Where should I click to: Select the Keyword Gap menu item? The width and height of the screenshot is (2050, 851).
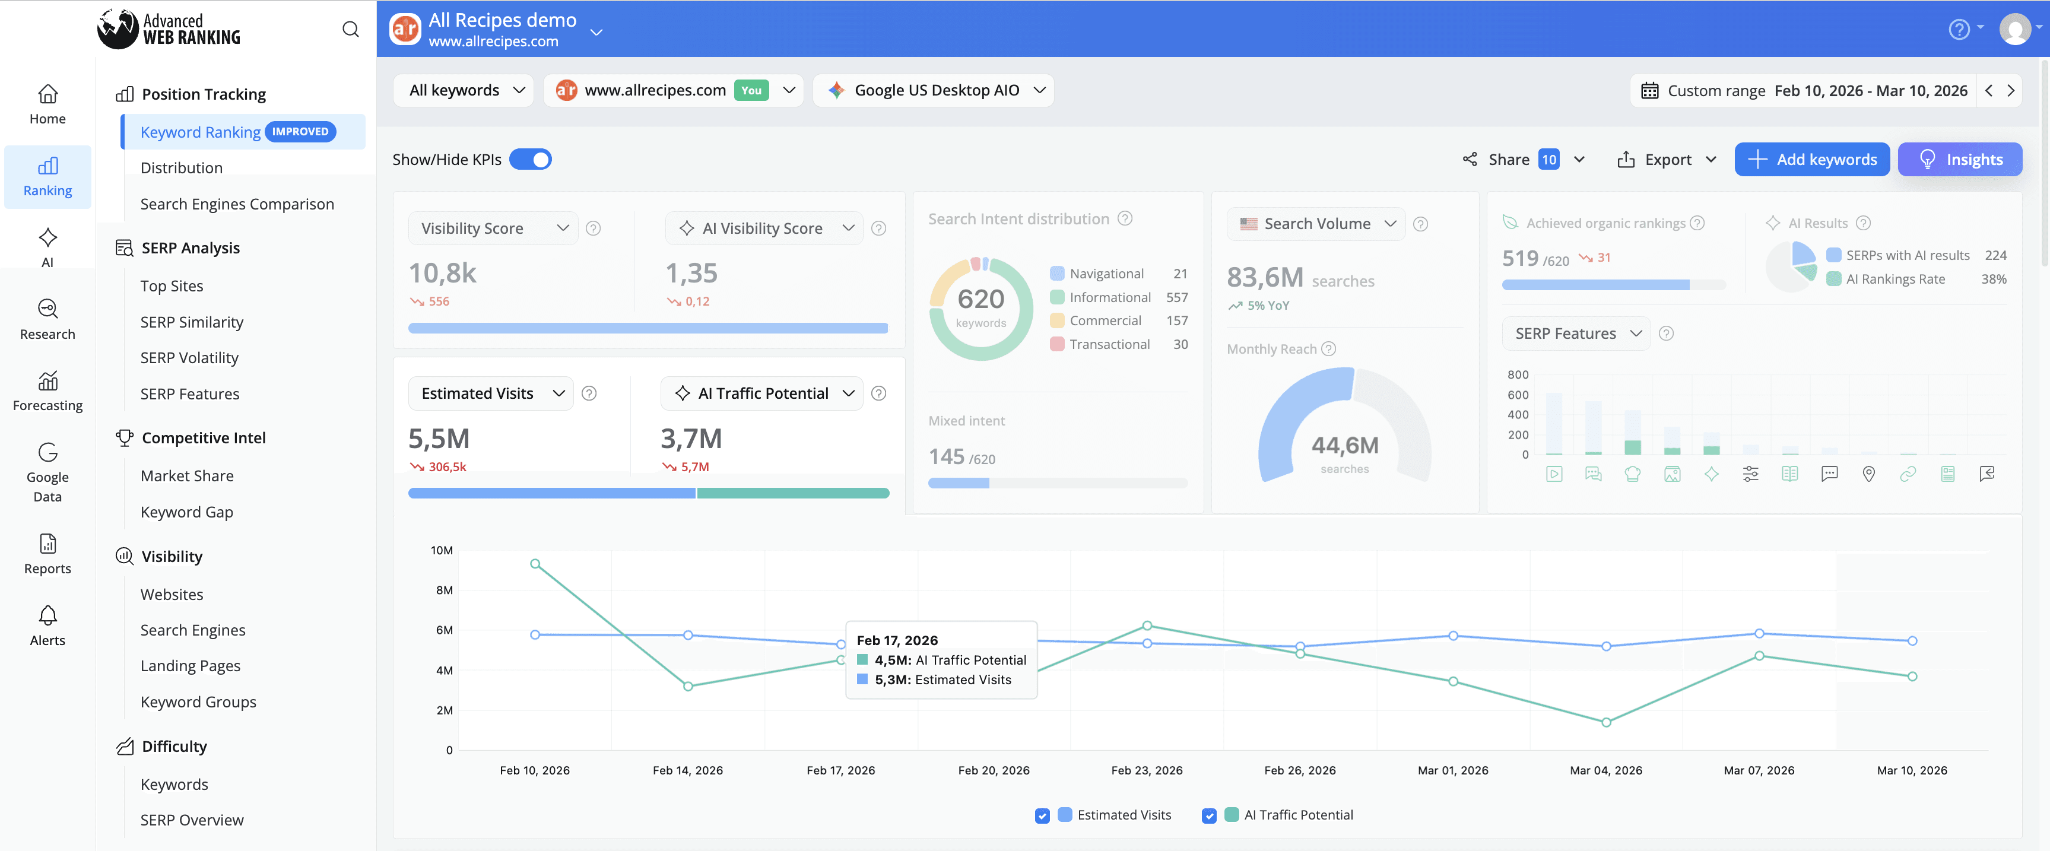(186, 512)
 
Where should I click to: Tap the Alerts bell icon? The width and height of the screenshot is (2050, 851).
(47, 616)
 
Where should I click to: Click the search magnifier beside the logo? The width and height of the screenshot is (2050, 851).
(350, 30)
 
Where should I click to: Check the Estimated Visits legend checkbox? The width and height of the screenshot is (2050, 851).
(1042, 815)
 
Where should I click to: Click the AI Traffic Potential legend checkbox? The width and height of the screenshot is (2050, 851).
(1209, 815)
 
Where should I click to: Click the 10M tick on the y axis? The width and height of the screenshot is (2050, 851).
(442, 550)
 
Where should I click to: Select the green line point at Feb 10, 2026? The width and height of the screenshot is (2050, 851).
(535, 564)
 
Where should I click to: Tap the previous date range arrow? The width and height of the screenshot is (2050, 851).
(1989, 91)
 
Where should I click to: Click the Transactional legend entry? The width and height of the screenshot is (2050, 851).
(1109, 345)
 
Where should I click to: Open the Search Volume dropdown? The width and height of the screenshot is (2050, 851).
(1316, 224)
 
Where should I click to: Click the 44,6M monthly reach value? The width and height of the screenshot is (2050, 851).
(1344, 446)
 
